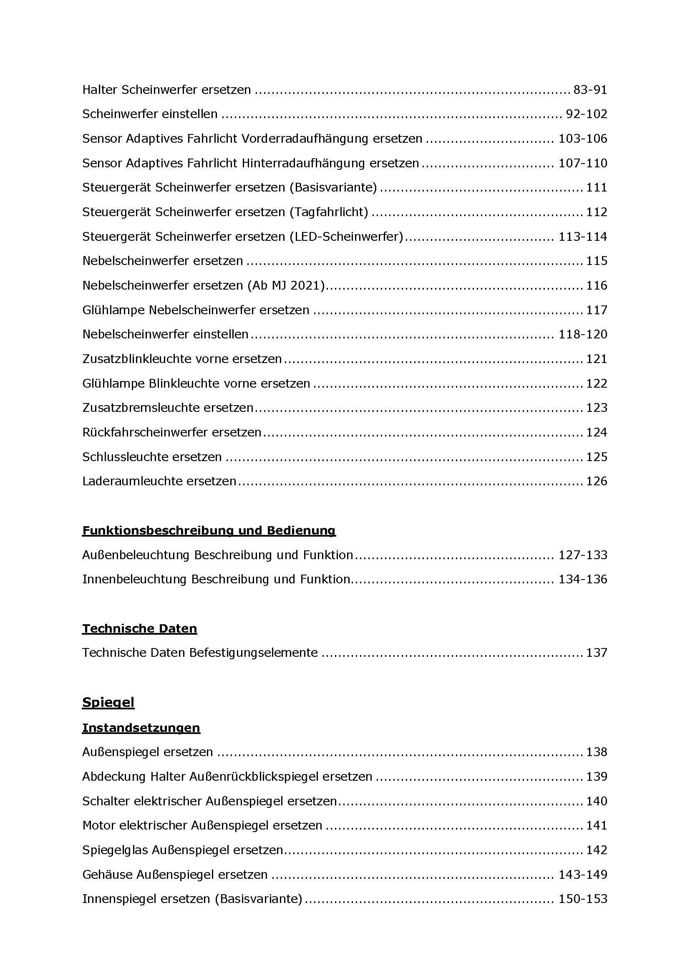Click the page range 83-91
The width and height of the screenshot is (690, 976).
click(590, 90)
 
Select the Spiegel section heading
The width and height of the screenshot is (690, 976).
click(108, 702)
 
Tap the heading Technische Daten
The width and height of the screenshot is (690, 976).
click(139, 628)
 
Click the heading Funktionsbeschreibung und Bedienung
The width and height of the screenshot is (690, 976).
click(209, 530)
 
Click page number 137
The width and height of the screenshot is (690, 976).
click(597, 653)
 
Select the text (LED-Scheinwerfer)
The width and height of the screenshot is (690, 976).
click(346, 236)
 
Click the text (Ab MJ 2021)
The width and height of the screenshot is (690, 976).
click(285, 285)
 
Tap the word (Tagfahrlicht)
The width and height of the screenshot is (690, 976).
click(328, 212)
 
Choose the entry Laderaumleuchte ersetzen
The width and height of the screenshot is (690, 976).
click(159, 481)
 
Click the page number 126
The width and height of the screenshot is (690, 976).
click(597, 481)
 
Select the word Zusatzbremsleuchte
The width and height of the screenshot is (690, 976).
click(141, 408)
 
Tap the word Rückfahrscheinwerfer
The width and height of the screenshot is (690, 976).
click(145, 432)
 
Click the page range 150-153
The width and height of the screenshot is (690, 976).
click(582, 899)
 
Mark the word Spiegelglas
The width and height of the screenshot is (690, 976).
click(115, 850)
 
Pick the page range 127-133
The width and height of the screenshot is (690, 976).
click(582, 555)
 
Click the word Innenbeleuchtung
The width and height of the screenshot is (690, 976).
click(134, 579)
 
